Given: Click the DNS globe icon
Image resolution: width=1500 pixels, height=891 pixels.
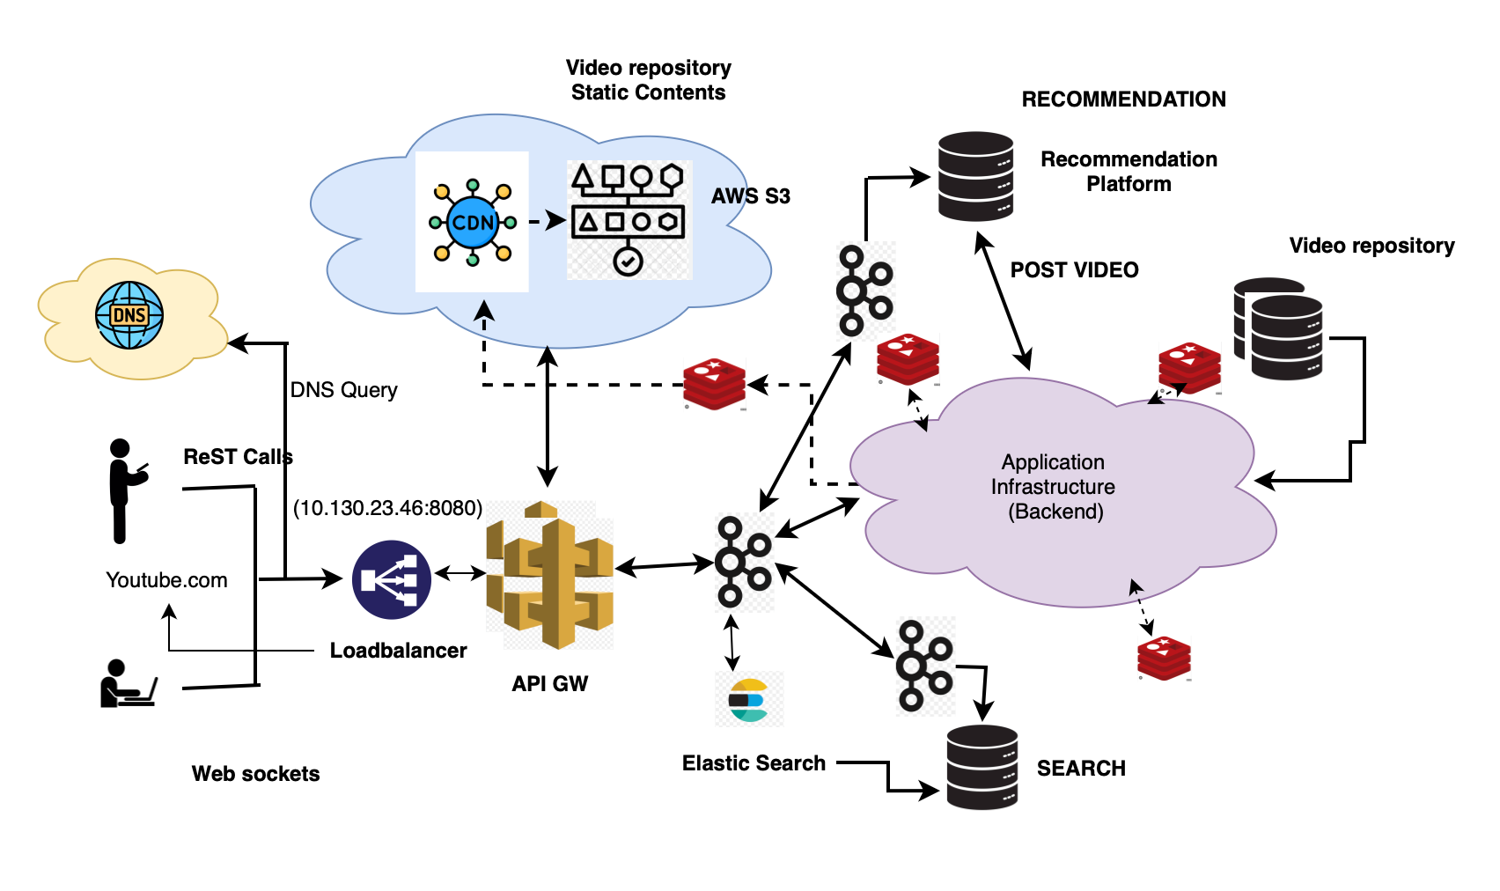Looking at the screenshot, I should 129,315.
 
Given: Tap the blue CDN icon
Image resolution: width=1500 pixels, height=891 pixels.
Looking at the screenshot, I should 473,222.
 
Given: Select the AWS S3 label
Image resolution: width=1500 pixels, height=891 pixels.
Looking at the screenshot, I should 750,196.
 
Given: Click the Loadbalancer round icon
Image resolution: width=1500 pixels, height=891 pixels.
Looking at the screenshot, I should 392,579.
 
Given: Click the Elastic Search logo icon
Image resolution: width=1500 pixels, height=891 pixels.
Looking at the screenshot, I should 749,701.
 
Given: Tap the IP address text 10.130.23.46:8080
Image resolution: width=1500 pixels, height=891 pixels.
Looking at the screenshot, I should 387,508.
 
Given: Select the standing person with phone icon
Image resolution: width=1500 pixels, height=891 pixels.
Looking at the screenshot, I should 123,490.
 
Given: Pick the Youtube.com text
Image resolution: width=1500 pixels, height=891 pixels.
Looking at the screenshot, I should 166,580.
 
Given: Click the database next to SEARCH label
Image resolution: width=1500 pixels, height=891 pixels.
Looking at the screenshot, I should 982,767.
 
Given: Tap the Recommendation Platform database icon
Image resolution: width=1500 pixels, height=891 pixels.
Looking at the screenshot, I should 975,176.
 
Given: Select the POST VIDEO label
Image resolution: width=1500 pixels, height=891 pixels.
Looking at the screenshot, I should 1074,270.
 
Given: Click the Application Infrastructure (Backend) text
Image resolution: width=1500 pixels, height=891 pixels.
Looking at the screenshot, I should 1053,487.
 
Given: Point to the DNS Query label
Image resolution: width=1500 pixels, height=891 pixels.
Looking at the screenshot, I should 343,390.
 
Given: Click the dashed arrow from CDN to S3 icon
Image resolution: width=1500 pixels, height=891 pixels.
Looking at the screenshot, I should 547,221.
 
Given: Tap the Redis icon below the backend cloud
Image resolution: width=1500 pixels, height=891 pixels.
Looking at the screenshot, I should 1164,659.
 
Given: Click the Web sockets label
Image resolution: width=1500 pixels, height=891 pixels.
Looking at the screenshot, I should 255,774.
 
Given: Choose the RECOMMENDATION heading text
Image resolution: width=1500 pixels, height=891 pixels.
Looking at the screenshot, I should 1123,99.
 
